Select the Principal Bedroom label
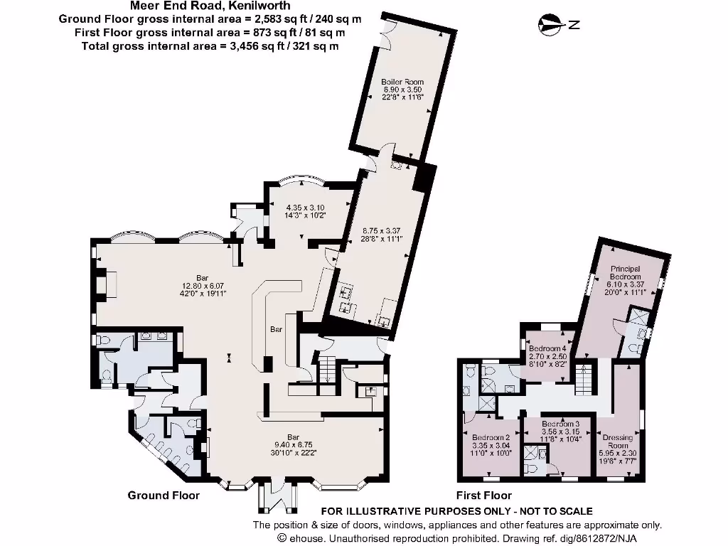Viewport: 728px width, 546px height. point(626,272)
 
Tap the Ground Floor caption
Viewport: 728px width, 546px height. point(164,495)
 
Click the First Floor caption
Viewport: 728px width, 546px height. point(483,495)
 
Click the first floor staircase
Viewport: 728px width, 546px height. point(583,380)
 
